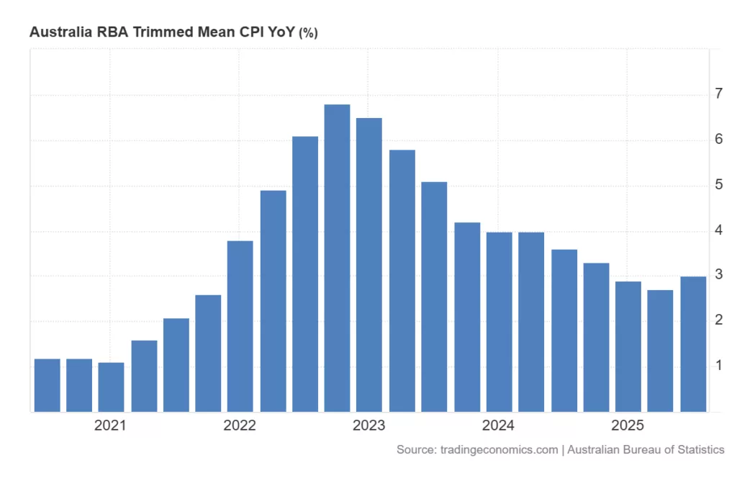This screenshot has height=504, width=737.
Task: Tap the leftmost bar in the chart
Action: [x=48, y=385]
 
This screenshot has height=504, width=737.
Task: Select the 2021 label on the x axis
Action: [x=110, y=426]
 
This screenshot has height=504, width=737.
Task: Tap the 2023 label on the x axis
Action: [x=368, y=426]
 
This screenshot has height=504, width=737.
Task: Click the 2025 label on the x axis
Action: [x=627, y=426]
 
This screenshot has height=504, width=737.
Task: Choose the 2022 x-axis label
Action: [x=240, y=426]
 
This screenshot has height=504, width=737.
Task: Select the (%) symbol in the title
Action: [x=308, y=33]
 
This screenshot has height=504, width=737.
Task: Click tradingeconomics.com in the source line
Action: [x=499, y=449]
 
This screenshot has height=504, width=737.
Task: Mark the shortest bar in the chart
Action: [x=112, y=387]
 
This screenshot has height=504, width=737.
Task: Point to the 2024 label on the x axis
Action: [x=498, y=426]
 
